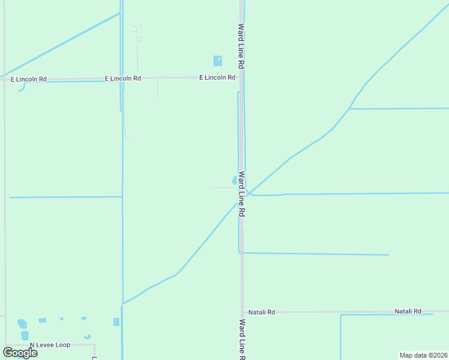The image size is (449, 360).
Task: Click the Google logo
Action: (20, 353)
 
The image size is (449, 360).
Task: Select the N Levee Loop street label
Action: (50, 345)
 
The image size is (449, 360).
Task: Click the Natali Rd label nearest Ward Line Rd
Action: (262, 312)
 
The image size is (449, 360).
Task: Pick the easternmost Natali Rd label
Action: (408, 311)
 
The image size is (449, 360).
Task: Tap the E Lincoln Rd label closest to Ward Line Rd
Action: (217, 77)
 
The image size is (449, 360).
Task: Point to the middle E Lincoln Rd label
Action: (123, 78)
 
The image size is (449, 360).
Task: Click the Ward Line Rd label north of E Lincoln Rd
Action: (241, 45)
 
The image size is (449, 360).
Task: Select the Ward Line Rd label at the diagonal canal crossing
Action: (241, 194)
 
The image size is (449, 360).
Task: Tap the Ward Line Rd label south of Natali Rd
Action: (241, 339)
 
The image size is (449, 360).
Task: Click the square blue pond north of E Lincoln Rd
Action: (217, 61)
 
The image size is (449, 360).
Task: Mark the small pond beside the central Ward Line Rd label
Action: (234, 180)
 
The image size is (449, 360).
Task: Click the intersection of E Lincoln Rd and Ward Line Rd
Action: (241, 77)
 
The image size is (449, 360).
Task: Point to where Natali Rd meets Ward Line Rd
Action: (243, 312)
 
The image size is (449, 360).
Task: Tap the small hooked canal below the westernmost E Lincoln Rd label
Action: (22, 88)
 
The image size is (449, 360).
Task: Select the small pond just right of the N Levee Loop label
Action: (88, 337)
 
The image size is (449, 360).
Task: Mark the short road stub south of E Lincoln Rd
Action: (157, 88)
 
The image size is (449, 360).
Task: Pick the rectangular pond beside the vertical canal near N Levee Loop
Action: (116, 322)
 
